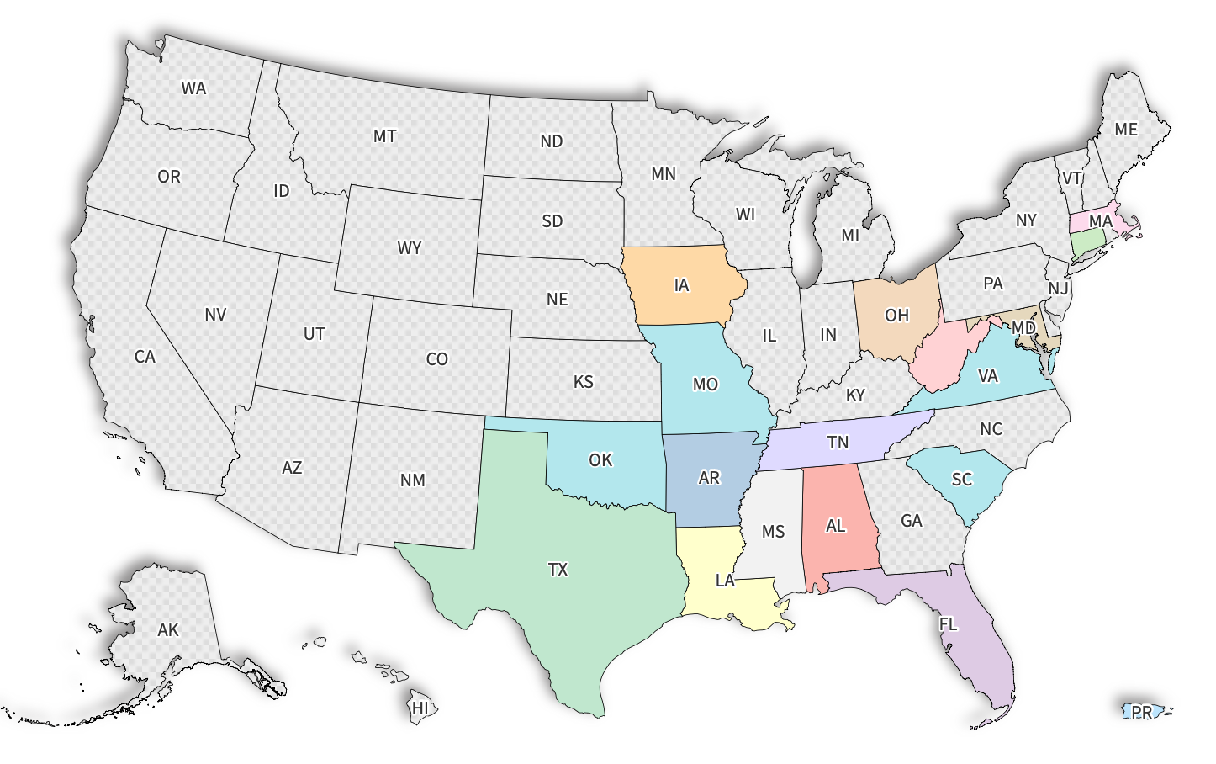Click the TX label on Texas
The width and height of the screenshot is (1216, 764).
[558, 570]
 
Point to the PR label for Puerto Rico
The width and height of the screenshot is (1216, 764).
[1141, 712]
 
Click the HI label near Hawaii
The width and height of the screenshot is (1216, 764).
[420, 708]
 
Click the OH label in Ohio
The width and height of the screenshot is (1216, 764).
[896, 315]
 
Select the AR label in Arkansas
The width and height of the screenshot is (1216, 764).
[709, 478]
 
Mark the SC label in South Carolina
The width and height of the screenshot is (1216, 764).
[961, 480]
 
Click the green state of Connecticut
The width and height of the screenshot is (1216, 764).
[1087, 244]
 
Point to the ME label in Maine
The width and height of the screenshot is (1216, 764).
[1125, 130]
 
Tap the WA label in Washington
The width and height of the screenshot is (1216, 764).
[193, 88]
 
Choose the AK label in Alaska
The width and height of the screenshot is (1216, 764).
[168, 629]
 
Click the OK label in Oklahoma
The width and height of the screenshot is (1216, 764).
[600, 460]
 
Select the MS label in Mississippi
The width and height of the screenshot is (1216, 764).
[773, 532]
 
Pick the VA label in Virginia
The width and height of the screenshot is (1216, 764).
[987, 376]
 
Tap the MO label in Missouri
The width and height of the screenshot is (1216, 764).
[705, 385]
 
